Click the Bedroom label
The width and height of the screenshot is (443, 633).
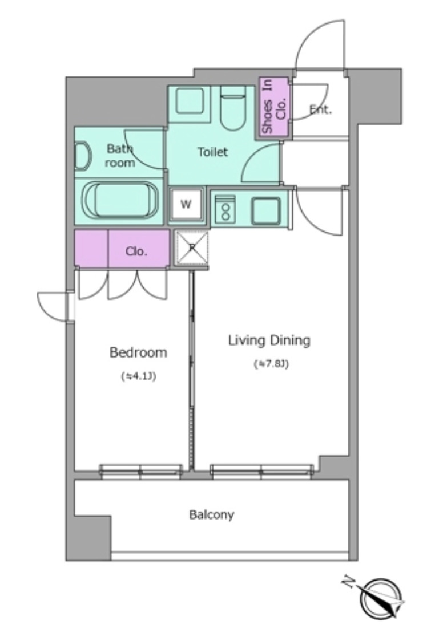click(x=138, y=352)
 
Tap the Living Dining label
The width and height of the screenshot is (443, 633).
click(x=269, y=340)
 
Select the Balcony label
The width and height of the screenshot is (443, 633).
click(x=211, y=515)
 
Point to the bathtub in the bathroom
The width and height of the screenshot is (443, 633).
click(x=120, y=201)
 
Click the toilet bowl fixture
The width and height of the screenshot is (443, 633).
click(x=233, y=108)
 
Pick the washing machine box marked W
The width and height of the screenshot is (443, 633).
click(x=186, y=204)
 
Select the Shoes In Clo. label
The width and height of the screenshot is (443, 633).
click(x=273, y=107)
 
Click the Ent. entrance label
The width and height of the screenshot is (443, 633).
click(x=320, y=109)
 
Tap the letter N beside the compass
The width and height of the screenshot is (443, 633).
click(x=348, y=581)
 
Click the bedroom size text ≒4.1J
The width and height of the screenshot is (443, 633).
click(x=139, y=376)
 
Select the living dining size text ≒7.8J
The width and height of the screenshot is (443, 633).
click(x=271, y=364)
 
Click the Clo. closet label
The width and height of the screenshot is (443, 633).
click(x=136, y=251)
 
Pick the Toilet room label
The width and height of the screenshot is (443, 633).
click(x=212, y=152)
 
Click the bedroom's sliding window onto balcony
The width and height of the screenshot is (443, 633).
click(x=140, y=472)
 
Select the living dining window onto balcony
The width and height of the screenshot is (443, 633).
click(x=261, y=472)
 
